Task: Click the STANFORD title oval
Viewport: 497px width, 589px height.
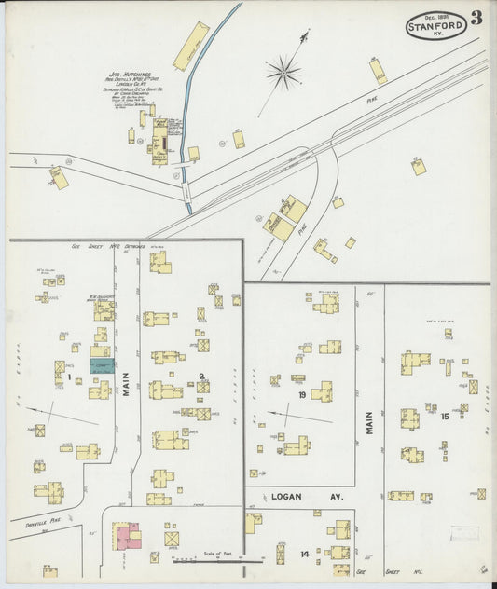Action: [x=435, y=27]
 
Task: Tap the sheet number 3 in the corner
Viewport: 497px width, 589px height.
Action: [x=476, y=18]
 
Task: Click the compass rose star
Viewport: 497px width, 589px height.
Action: [x=283, y=71]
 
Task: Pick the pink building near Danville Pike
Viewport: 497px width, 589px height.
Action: [x=126, y=536]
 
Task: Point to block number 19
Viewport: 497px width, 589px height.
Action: [x=303, y=395]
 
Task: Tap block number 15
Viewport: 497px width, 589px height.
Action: [x=445, y=416]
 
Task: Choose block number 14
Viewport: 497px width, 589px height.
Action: [x=304, y=554]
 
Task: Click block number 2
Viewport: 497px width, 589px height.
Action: [x=201, y=377]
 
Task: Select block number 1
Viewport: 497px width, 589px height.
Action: [x=68, y=377]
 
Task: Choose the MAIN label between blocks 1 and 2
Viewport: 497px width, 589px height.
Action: [x=126, y=382]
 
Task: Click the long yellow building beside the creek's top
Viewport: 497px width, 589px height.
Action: [x=191, y=46]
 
